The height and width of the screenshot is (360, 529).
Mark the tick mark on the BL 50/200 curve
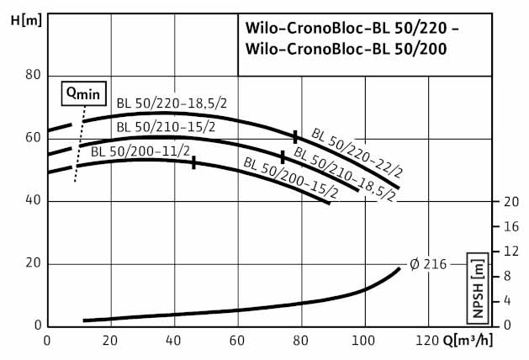click(194, 162)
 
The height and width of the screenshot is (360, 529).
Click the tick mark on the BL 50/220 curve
click(295, 135)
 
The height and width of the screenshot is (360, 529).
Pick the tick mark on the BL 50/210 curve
click(283, 156)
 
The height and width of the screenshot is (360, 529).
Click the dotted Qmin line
click(79, 144)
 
